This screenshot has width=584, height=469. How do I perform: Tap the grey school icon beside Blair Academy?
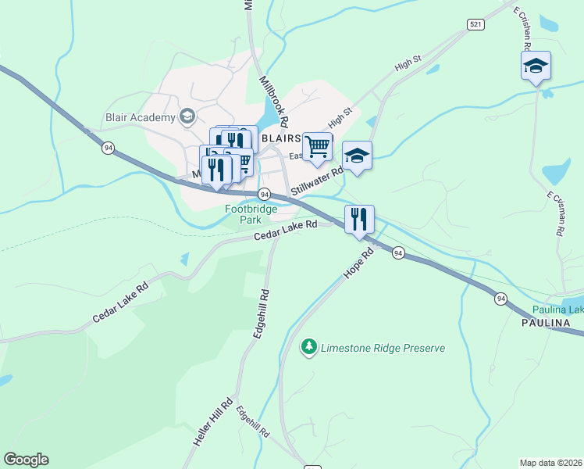[x=187, y=118]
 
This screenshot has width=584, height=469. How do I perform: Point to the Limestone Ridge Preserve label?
[x=383, y=348]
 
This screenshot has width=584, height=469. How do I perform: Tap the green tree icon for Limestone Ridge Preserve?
[x=310, y=346]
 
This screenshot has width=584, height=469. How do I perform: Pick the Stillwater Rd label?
[x=317, y=181]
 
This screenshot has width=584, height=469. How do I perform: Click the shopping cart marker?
[x=317, y=146]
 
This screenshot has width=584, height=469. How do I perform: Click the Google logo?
[x=26, y=460]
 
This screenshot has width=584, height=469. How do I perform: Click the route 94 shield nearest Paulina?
[x=500, y=299]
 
